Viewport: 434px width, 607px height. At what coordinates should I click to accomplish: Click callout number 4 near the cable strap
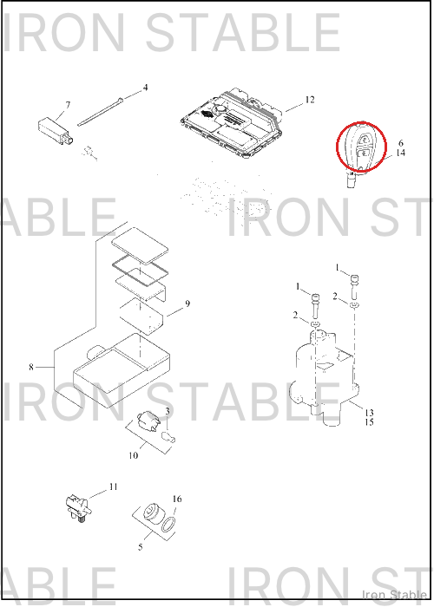pyautogui.click(x=145, y=88)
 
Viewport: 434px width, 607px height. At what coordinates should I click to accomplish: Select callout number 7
pyautogui.click(x=69, y=105)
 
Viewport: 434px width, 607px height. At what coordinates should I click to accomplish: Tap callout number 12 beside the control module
pyautogui.click(x=310, y=100)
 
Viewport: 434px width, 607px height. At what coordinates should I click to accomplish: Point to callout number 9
pyautogui.click(x=187, y=303)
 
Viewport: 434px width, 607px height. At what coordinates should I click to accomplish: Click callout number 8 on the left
pyautogui.click(x=31, y=367)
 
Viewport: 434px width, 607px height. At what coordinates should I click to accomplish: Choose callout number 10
pyautogui.click(x=134, y=455)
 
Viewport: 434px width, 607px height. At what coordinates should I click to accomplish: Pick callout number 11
pyautogui.click(x=113, y=486)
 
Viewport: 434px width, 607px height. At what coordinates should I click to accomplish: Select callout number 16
pyautogui.click(x=177, y=499)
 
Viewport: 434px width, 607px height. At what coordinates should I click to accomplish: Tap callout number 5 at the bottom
pyautogui.click(x=141, y=547)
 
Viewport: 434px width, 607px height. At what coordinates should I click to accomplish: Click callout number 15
pyautogui.click(x=369, y=422)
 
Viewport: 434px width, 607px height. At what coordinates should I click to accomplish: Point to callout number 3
pyautogui.click(x=168, y=411)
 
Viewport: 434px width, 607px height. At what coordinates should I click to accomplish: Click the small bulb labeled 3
pyautogui.click(x=168, y=437)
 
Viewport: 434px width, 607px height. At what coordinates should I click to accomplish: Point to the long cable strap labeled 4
pyautogui.click(x=101, y=112)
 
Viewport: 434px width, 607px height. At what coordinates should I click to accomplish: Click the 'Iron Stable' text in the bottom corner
pyautogui.click(x=394, y=594)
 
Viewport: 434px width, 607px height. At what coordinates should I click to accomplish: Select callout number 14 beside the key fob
pyautogui.click(x=401, y=153)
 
